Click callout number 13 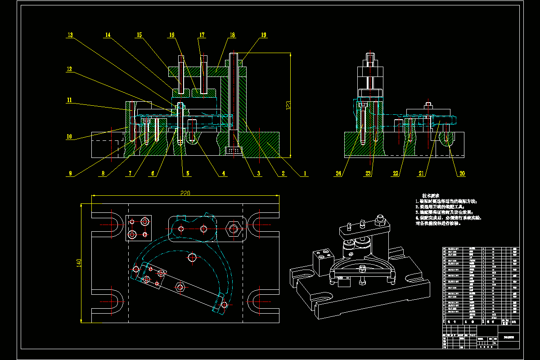click(70, 35)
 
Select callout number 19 click(263, 35)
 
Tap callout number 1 click(304, 173)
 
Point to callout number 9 click(71, 173)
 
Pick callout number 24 click(338, 173)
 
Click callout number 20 click(462, 173)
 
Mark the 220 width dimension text click(185, 193)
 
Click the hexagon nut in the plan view click(233, 229)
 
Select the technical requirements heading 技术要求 click(431, 196)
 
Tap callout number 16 click(172, 35)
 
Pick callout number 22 click(396, 173)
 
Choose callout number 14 click(108, 35)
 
